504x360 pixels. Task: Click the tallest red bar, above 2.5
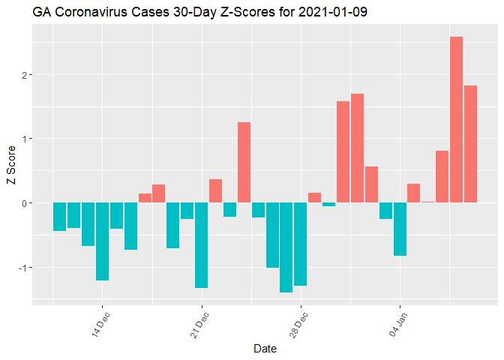[456, 120]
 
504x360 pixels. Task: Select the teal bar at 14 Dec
[102, 241]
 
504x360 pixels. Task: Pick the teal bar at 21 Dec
[201, 245]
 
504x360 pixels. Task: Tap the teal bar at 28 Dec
[300, 244]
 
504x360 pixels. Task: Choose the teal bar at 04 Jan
[400, 229]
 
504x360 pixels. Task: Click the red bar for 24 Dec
[244, 163]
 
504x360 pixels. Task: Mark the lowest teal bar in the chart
[286, 247]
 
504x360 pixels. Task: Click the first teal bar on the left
[59, 217]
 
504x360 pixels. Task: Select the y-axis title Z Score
[10, 170]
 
